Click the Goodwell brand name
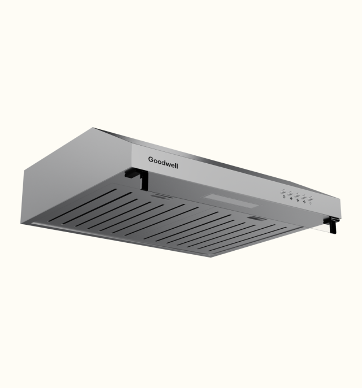[x=163, y=163]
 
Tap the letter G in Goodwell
[x=151, y=159]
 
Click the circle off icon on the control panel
[x=284, y=197]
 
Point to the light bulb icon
[x=310, y=203]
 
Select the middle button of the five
[x=297, y=195]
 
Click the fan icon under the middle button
[x=298, y=200]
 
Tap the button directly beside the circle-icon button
[x=290, y=194]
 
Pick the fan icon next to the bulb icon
[x=304, y=202]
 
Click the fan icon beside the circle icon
[x=291, y=198]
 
